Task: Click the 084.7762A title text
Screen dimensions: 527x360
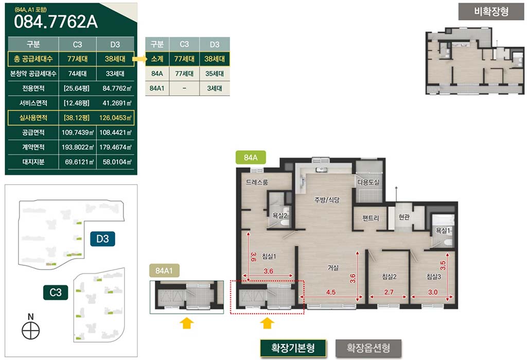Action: point(56,22)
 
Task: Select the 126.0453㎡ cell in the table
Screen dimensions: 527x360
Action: point(115,118)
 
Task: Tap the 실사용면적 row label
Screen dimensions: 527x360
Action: point(33,118)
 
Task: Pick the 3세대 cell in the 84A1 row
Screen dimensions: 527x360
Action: point(215,88)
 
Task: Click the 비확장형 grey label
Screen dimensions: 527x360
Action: point(491,12)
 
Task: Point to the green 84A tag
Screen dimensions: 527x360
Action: point(251,157)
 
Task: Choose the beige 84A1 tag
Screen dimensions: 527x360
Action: point(164,271)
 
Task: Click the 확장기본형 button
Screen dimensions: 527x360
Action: point(293,348)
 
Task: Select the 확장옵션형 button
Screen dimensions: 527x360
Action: point(368,348)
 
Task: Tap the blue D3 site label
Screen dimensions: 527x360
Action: point(102,239)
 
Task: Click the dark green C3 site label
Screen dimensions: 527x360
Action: point(56,293)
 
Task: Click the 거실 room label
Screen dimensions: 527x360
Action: point(333,267)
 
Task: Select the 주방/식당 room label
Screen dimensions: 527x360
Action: point(327,200)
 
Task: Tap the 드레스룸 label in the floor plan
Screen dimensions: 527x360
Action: point(257,183)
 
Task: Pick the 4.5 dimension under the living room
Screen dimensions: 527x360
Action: point(331,292)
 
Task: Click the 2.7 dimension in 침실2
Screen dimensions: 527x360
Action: point(389,292)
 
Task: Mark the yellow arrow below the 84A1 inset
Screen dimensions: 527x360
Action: point(186,323)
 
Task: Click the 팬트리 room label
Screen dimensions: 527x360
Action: point(371,218)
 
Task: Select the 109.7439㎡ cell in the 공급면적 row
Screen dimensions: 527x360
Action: point(78,133)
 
